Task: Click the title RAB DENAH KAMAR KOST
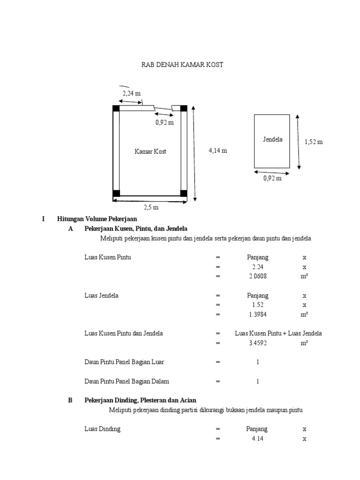pyautogui.click(x=182, y=65)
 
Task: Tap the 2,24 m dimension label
pyautogui.click(x=132, y=93)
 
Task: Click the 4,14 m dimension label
pyautogui.click(x=217, y=151)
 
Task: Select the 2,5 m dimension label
pyautogui.click(x=151, y=207)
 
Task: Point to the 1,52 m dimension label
pyautogui.click(x=314, y=142)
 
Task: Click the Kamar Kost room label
pyautogui.click(x=150, y=151)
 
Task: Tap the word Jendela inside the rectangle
pyautogui.click(x=272, y=140)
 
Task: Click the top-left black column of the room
pyautogui.click(x=116, y=108)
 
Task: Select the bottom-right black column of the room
pyautogui.click(x=184, y=194)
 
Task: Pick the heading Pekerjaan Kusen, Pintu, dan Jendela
pyautogui.click(x=136, y=229)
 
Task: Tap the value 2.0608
pyautogui.click(x=258, y=277)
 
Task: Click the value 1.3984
pyautogui.click(x=258, y=315)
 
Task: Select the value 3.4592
pyautogui.click(x=258, y=343)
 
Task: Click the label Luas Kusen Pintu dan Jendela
pyautogui.click(x=123, y=334)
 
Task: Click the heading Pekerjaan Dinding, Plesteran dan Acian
pyautogui.click(x=140, y=400)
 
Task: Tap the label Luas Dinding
pyautogui.click(x=102, y=429)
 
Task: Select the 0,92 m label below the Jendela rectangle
pyautogui.click(x=272, y=178)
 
